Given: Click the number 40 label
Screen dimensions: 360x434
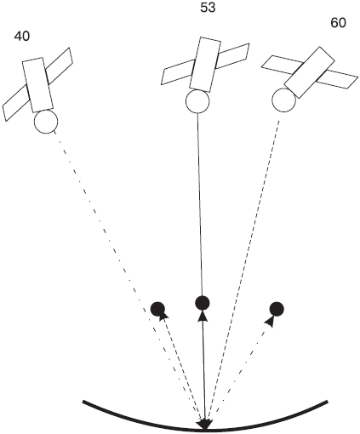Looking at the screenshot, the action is pyautogui.click(x=22, y=36).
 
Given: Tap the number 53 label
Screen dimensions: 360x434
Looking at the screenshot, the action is pyautogui.click(x=208, y=8).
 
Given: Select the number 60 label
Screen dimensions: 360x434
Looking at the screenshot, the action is pyautogui.click(x=338, y=23).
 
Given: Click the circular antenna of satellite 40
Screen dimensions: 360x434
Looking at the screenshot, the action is pyautogui.click(x=46, y=122).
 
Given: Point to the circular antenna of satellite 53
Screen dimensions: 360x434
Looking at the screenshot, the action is pyautogui.click(x=197, y=101).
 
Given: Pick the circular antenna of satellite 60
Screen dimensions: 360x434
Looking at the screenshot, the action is pyautogui.click(x=283, y=100).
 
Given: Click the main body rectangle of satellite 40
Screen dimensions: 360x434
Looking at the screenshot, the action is pyautogui.click(x=37, y=85).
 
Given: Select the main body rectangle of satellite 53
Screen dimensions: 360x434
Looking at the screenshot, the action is pyautogui.click(x=205, y=65).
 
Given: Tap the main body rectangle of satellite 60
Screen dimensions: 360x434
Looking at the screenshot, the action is pyautogui.click(x=309, y=72).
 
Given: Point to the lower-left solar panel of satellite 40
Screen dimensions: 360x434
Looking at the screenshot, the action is pyautogui.click(x=16, y=103).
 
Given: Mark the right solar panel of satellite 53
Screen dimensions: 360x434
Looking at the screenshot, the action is pyautogui.click(x=232, y=56).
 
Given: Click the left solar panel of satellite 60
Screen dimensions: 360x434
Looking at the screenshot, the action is pyautogui.click(x=281, y=64).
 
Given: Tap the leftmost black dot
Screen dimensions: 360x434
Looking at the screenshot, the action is pyautogui.click(x=157, y=309).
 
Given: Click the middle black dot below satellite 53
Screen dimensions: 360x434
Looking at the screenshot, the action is pyautogui.click(x=203, y=303).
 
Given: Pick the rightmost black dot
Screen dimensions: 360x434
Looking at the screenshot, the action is pyautogui.click(x=277, y=309).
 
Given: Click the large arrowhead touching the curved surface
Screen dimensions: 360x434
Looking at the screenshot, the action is pyautogui.click(x=205, y=425).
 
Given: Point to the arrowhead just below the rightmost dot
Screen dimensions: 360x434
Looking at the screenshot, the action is pyautogui.click(x=270, y=322).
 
